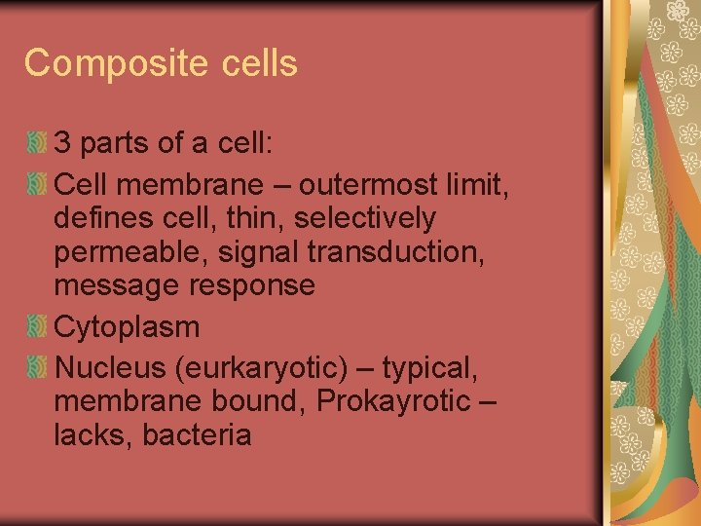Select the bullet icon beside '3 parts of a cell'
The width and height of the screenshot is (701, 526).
tap(36, 144)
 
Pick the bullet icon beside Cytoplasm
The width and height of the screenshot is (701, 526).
tap(36, 327)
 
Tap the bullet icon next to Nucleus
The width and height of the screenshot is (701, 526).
tap(36, 368)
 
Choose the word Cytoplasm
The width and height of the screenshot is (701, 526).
tap(127, 327)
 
